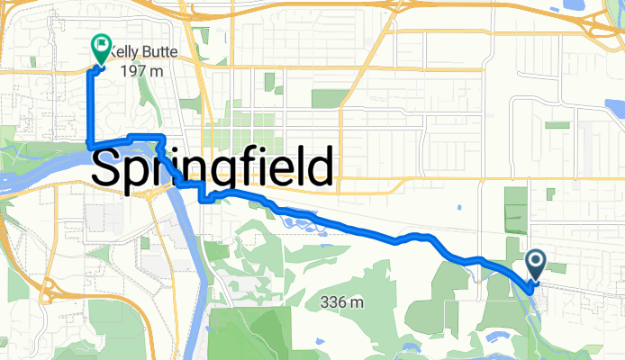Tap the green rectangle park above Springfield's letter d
point(328,98)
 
